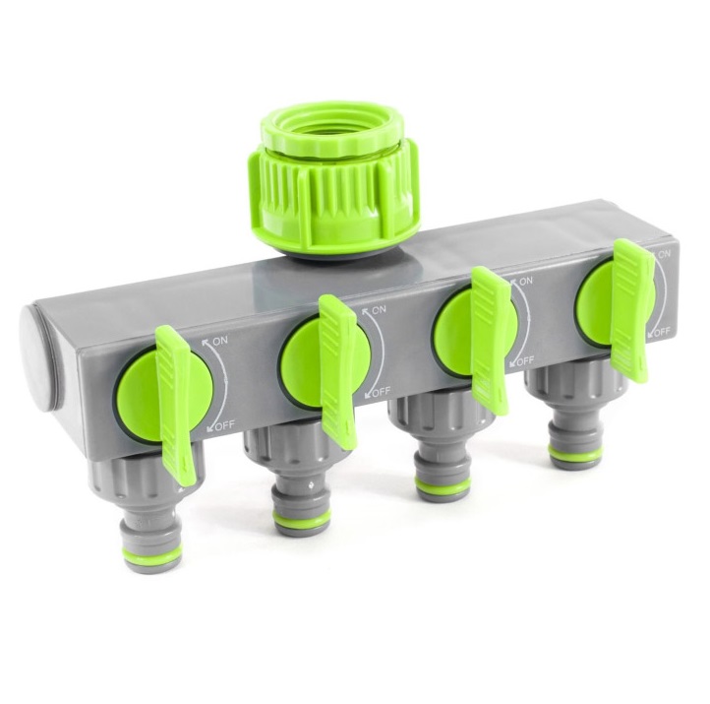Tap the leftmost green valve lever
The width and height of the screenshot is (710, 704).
click(176, 406)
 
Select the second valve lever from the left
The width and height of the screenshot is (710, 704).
click(338, 372)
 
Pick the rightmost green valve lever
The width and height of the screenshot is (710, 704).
click(632, 310)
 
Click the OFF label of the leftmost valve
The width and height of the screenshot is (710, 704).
click(224, 425)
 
